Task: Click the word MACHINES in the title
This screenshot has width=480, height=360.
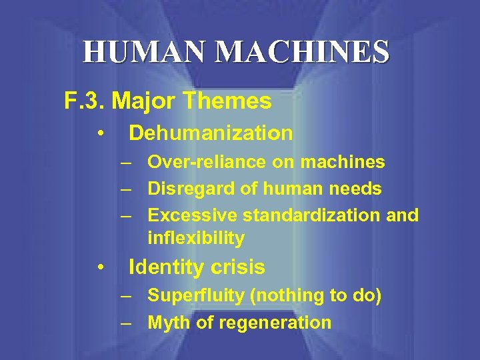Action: tap(293, 52)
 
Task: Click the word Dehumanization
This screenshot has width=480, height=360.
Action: tap(211, 133)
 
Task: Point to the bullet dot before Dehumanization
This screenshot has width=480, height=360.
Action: tap(99, 133)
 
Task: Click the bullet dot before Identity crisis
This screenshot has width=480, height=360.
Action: tap(99, 268)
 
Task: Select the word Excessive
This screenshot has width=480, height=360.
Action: tap(192, 215)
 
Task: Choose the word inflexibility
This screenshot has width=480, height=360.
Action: tap(196, 238)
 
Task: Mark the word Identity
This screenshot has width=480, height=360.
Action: tap(162, 268)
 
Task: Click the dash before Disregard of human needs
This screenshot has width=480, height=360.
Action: tap(126, 189)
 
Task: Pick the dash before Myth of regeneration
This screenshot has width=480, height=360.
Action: tap(126, 323)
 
